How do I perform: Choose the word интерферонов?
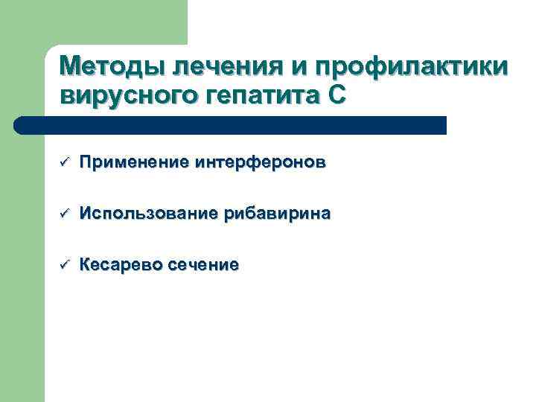pos(260,163)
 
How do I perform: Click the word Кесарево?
pos(122,265)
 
